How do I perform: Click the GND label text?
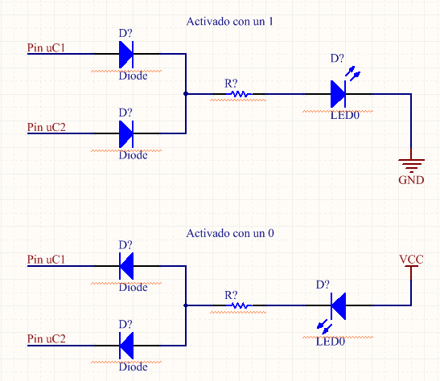[411, 180]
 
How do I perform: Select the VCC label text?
[411, 260]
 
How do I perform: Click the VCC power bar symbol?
[411, 266]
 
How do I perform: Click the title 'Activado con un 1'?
[229, 22]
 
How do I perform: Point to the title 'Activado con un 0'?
[230, 233]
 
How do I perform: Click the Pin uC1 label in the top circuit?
[46, 47]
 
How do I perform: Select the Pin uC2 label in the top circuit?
[47, 127]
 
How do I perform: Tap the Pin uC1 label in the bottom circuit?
[46, 260]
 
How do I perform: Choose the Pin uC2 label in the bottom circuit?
[47, 338]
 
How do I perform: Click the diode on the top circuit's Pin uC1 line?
[126, 55]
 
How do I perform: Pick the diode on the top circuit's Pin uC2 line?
[126, 133]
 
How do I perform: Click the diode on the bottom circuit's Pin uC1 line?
[126, 266]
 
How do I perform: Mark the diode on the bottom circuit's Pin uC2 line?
[126, 346]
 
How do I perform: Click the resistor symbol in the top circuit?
[239, 94]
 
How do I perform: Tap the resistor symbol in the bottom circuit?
[239, 305]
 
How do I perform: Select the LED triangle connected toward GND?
[338, 94]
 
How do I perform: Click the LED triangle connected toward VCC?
[339, 306]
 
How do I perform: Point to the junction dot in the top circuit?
[186, 93]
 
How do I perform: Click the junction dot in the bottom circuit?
[186, 305]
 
